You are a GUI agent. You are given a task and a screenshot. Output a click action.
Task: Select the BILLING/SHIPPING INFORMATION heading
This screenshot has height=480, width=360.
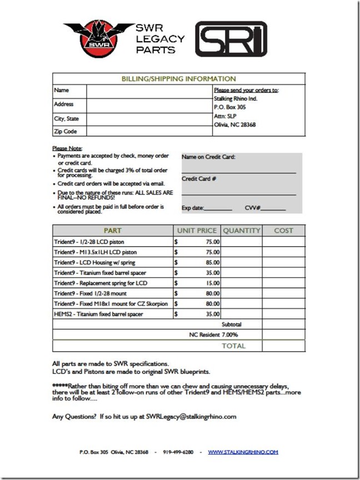(x=178, y=79)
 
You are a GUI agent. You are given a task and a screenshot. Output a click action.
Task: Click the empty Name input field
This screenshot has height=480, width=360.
(x=149, y=90)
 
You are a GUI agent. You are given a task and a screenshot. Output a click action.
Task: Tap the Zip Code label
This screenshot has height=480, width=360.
(x=66, y=132)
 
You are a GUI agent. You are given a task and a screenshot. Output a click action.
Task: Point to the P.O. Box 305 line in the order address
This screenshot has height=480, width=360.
(x=229, y=107)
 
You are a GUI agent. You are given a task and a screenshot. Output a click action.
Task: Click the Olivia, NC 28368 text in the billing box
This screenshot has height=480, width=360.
(x=234, y=125)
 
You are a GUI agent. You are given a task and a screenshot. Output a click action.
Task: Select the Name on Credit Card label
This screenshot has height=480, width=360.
(x=209, y=157)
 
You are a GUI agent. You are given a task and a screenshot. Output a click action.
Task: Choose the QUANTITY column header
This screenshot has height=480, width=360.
(x=241, y=231)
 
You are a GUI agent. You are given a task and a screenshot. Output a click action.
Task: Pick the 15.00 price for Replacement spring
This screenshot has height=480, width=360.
(x=212, y=283)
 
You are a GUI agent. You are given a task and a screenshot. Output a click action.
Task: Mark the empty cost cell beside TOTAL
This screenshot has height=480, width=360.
(x=283, y=346)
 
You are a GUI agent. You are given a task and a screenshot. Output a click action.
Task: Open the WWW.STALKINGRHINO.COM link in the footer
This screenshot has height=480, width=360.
(x=243, y=452)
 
